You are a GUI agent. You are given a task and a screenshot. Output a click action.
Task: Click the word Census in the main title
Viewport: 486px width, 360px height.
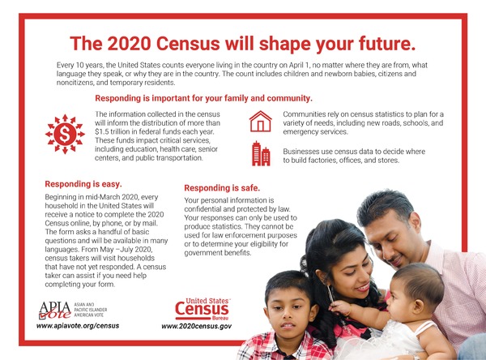188,44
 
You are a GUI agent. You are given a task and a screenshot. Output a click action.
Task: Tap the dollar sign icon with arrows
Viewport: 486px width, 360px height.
65,134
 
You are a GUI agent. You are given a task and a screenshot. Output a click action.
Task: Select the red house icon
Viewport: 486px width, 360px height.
260,122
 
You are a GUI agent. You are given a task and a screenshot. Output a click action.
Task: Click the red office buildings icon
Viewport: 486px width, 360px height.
261,153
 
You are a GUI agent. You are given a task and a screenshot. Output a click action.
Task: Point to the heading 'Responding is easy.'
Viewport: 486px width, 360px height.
83,184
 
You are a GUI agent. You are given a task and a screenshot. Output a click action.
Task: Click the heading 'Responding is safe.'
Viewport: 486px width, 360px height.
222,188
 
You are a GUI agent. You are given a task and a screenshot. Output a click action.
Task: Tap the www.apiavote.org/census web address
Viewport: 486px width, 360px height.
78,326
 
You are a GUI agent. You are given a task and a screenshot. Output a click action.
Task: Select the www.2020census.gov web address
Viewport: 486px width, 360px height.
197,326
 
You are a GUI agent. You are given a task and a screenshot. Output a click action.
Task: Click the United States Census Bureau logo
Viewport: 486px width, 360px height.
202,309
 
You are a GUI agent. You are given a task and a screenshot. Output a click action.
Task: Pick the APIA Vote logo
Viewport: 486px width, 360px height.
73,310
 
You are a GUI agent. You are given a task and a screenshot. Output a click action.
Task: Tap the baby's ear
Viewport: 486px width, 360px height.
418,306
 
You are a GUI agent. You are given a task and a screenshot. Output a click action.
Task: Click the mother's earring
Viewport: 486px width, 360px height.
330,294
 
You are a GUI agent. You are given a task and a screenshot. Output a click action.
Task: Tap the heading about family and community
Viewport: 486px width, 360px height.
203,98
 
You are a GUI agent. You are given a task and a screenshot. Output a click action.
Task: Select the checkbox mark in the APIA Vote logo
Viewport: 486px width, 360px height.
42,316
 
